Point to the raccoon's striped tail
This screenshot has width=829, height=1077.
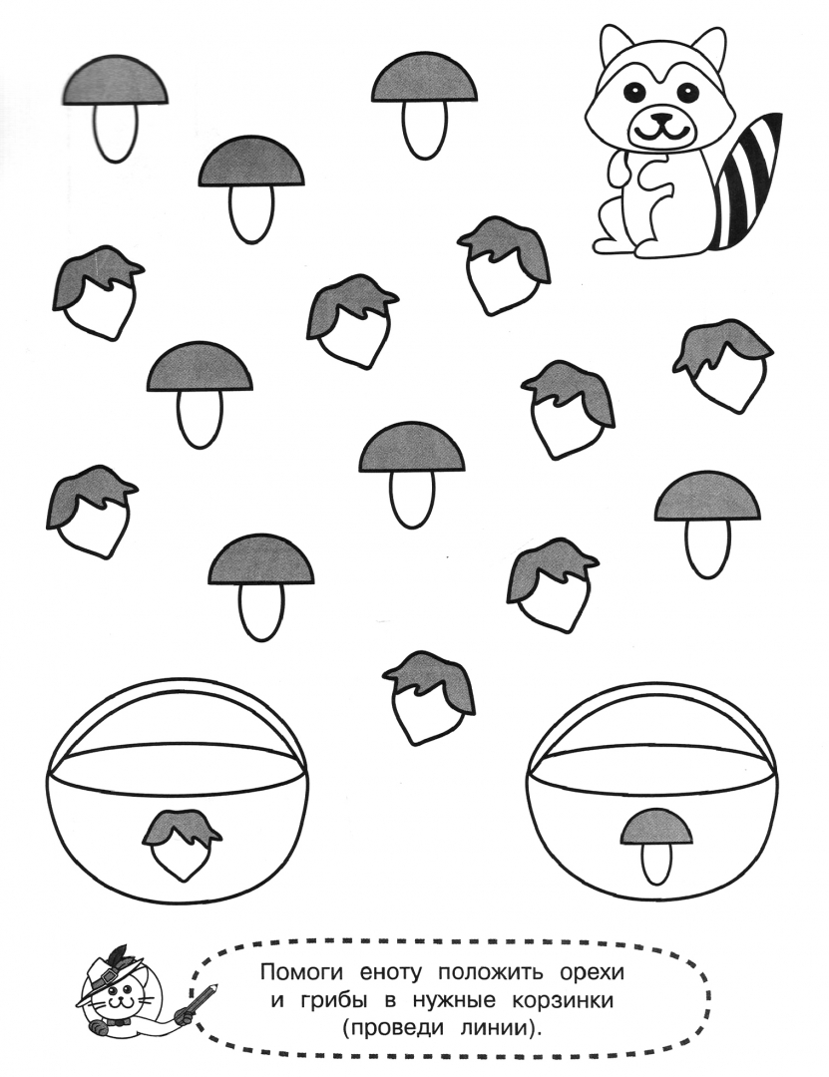745,182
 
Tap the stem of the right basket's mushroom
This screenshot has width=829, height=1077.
656,865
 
